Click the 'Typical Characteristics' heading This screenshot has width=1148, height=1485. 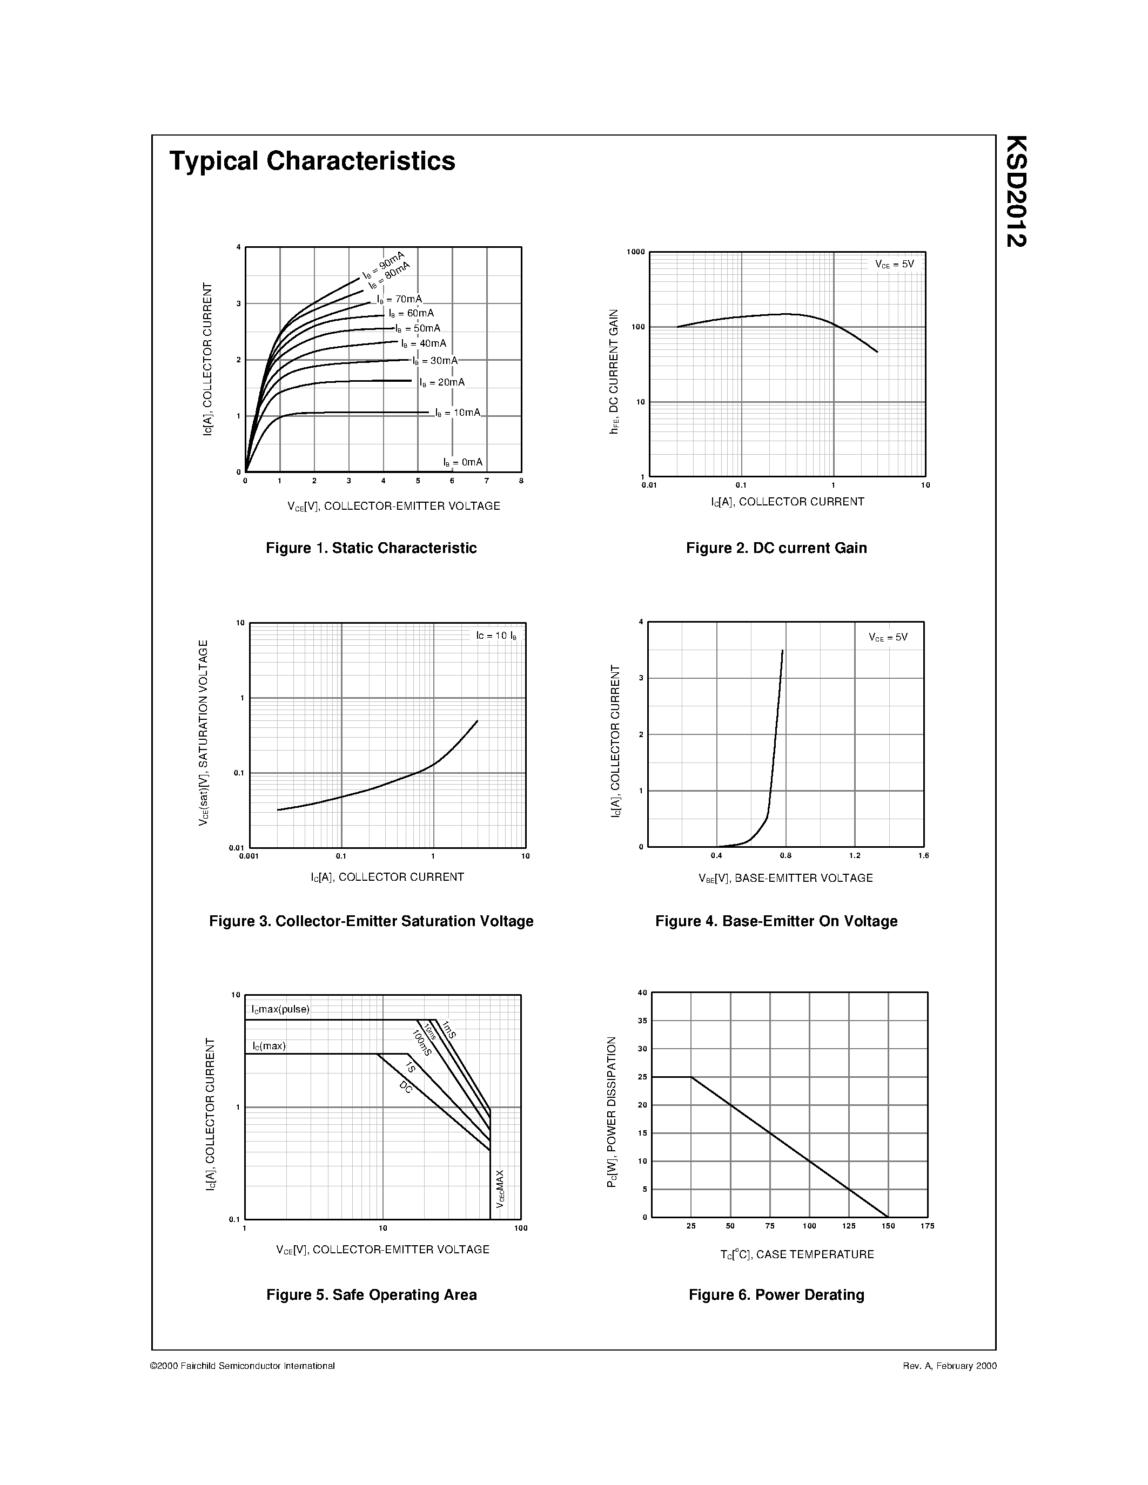click(x=312, y=161)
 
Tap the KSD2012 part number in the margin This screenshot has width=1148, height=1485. click(x=1016, y=191)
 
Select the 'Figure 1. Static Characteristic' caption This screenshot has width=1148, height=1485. click(x=371, y=548)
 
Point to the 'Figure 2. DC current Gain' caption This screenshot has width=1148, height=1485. click(x=776, y=548)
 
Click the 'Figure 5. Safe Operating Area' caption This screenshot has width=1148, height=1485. click(x=371, y=1294)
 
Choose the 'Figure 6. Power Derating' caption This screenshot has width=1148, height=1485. click(x=776, y=1294)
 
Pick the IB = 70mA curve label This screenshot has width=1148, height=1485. click(x=399, y=299)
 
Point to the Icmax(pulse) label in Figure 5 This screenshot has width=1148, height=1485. click(x=280, y=1009)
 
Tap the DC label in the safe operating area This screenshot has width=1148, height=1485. click(x=406, y=1086)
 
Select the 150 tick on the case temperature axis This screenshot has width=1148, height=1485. click(x=888, y=1226)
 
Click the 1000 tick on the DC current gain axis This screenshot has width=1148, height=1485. click(x=635, y=252)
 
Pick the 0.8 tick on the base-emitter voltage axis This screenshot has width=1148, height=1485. click(x=786, y=855)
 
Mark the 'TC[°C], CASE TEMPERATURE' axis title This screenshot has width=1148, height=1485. click(x=797, y=1254)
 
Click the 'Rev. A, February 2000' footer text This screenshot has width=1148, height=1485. click(x=949, y=1365)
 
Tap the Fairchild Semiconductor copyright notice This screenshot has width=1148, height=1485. click(x=242, y=1365)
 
